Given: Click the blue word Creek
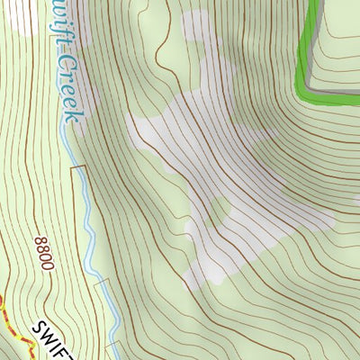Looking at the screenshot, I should (x=70, y=87).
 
